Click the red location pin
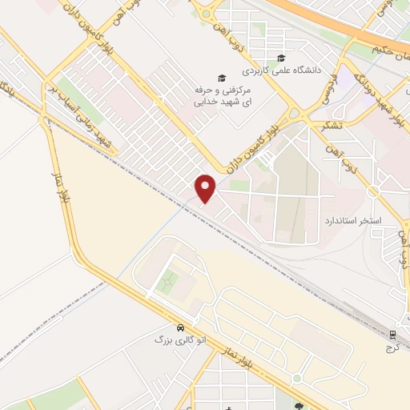[x=207, y=187]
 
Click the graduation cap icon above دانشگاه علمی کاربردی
[x=280, y=58]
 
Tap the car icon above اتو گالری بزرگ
[x=182, y=328]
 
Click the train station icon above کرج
[x=392, y=334]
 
